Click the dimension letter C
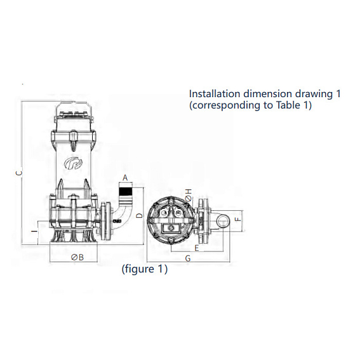click(20, 173)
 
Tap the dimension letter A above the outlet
click(125, 178)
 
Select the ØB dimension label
click(77, 257)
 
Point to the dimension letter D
click(139, 215)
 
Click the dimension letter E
click(197, 248)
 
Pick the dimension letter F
click(238, 219)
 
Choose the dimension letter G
click(188, 258)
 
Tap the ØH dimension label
click(189, 195)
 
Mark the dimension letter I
click(34, 231)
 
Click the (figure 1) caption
click(145, 269)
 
